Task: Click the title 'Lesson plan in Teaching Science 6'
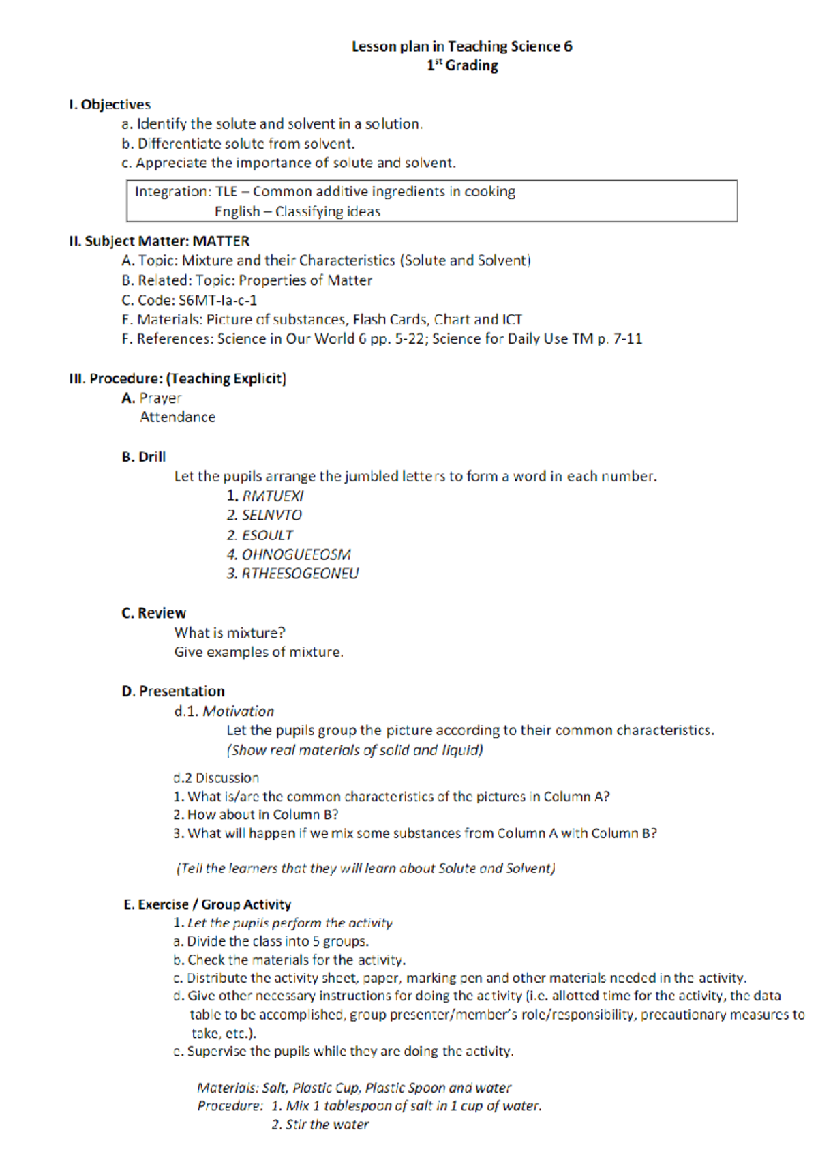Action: coord(461,46)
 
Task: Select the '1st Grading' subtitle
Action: coord(462,65)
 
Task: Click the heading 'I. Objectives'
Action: coord(109,104)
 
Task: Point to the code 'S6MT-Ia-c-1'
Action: coord(217,300)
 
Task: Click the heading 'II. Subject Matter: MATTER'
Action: coord(159,241)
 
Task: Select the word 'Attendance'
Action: coord(177,417)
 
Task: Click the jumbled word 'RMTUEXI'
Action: coord(273,496)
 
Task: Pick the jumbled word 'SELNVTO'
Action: coord(271,515)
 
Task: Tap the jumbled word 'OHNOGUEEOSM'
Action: coord(296,554)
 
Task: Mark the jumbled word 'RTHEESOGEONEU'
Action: coord(300,574)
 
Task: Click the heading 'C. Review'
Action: coord(153,613)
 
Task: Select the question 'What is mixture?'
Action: coord(230,633)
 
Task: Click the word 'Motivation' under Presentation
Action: coord(238,711)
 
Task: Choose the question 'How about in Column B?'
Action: coord(262,814)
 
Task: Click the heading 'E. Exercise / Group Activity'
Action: coord(207,904)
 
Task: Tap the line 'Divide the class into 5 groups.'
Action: coord(277,941)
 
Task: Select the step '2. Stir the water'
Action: coord(320,1125)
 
